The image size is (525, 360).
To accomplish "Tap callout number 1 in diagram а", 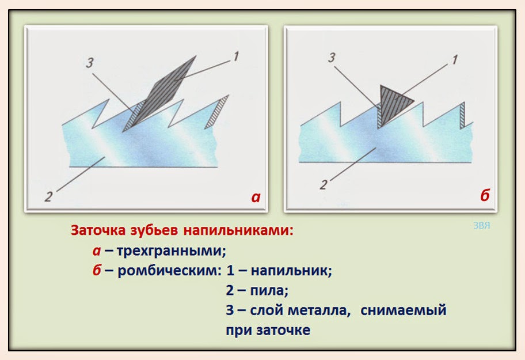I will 236,57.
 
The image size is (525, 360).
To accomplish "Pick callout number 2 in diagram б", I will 324,185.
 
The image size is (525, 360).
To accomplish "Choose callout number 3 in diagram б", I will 331,57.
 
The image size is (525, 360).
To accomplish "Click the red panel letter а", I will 256,198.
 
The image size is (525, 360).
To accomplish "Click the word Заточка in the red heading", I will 97,231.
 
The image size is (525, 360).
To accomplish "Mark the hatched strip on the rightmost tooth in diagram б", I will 462,115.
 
